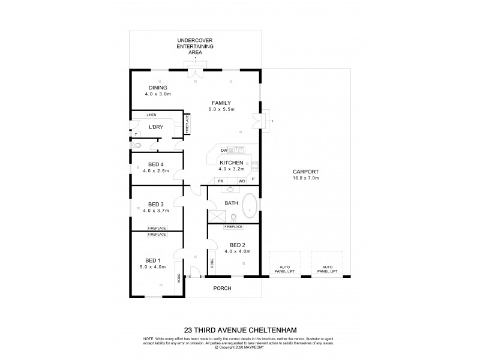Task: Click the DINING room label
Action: click(x=158, y=88)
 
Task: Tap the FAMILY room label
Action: click(x=221, y=103)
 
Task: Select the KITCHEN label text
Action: click(x=230, y=163)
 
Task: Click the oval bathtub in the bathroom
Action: click(x=250, y=207)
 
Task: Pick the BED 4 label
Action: click(x=157, y=164)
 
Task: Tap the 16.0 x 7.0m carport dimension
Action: click(x=305, y=178)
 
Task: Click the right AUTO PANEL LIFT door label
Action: click(x=327, y=268)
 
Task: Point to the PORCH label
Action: click(x=223, y=288)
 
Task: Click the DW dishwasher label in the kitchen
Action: click(x=223, y=150)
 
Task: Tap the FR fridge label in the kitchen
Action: click(x=221, y=181)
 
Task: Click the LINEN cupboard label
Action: click(x=152, y=115)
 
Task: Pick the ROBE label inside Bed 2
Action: click(x=212, y=262)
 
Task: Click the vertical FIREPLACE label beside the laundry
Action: click(x=187, y=124)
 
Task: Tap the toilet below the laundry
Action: click(x=137, y=145)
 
